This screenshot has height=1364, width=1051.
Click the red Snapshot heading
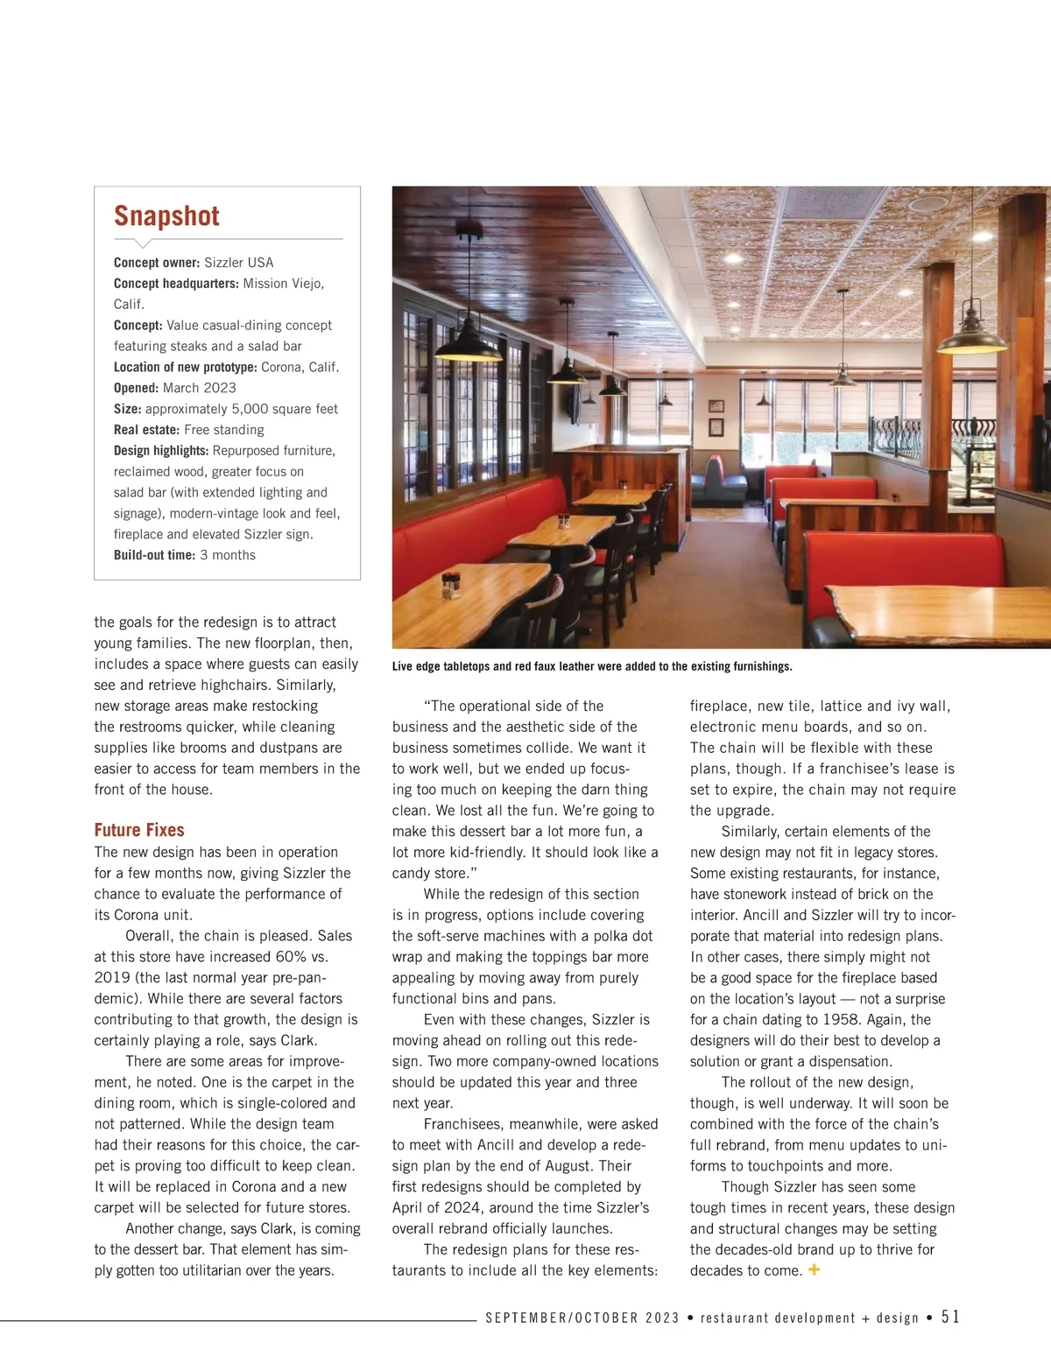[166, 216]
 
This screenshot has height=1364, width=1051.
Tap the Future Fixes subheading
[139, 830]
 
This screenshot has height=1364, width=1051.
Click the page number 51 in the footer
[950, 1317]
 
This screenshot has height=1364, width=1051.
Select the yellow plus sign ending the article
[814, 1269]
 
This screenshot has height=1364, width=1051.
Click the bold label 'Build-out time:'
[154, 555]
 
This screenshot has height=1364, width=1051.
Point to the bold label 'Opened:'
[136, 388]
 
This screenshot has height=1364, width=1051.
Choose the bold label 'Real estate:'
[146, 430]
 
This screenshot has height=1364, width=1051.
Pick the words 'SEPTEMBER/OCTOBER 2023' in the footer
[582, 1318]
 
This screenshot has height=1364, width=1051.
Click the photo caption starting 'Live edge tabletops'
[591, 666]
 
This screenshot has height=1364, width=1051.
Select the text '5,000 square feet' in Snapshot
[285, 409]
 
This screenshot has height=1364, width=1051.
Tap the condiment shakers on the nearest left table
[451, 582]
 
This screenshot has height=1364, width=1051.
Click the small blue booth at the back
[717, 479]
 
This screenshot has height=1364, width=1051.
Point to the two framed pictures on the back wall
[716, 417]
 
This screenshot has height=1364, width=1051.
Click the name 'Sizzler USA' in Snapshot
[238, 263]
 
